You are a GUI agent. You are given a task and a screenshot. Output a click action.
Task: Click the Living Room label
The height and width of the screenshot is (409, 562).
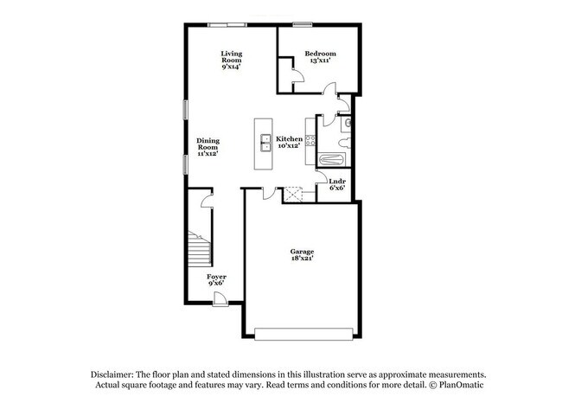pyautogui.click(x=232, y=57)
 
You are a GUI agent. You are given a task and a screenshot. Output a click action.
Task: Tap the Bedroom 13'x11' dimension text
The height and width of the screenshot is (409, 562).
pyautogui.click(x=320, y=61)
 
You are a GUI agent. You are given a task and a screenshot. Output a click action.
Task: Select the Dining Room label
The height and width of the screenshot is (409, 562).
pyautogui.click(x=208, y=144)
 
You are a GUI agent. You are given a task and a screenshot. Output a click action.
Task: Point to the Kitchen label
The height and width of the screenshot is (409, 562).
pyautogui.click(x=290, y=138)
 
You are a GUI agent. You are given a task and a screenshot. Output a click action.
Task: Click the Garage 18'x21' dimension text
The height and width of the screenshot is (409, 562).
pyautogui.click(x=302, y=258)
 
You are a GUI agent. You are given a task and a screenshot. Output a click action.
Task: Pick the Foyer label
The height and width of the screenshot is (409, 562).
pyautogui.click(x=216, y=277)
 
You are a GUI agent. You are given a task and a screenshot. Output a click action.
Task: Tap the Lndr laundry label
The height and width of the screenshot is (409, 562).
pyautogui.click(x=337, y=182)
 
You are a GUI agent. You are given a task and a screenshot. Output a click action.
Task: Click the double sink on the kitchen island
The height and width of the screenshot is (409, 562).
pyautogui.click(x=265, y=143)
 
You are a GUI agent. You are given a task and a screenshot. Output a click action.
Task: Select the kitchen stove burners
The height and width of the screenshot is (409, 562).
pyautogui.click(x=310, y=141)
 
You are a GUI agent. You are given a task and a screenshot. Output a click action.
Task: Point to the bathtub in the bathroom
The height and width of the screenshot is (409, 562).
pyautogui.click(x=331, y=159)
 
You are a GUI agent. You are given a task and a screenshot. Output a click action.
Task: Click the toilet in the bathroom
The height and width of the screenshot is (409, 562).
pyautogui.click(x=345, y=144)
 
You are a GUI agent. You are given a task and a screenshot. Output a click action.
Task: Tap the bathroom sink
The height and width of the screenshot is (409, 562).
pyautogui.click(x=347, y=124)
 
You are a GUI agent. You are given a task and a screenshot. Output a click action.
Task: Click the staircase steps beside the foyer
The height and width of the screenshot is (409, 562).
pyautogui.click(x=199, y=248)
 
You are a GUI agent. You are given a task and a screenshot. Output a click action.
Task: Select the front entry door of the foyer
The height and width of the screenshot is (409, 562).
pyautogui.click(x=220, y=299)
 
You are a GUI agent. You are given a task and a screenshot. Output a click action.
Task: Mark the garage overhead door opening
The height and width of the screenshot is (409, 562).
pyautogui.click(x=304, y=334)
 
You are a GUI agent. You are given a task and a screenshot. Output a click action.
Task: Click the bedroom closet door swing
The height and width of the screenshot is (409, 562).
pyautogui.click(x=298, y=75)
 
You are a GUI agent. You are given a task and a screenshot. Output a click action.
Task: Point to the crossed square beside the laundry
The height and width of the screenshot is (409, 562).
pyautogui.click(x=293, y=195)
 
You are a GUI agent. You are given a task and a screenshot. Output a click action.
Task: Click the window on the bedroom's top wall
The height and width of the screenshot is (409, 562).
pyautogui.click(x=303, y=25)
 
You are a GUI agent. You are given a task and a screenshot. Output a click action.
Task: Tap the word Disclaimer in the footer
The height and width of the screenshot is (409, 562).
pyautogui.click(x=112, y=374)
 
